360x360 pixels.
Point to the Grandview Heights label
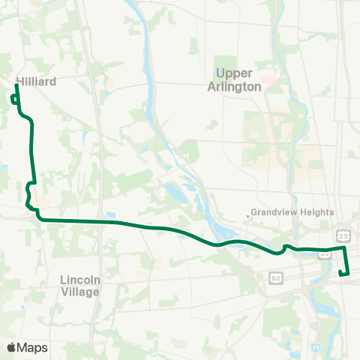coord(292,212)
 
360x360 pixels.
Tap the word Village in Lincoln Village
coord(79,292)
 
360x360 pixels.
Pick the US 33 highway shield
coord(325,254)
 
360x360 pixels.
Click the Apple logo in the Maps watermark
coord(11,347)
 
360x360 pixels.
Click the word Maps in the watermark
coord(33,347)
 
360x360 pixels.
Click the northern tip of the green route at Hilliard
coord(16,86)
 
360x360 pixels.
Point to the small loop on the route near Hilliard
coord(14,100)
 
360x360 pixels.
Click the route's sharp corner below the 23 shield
coord(344,247)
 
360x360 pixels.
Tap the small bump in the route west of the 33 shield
coord(285,247)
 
